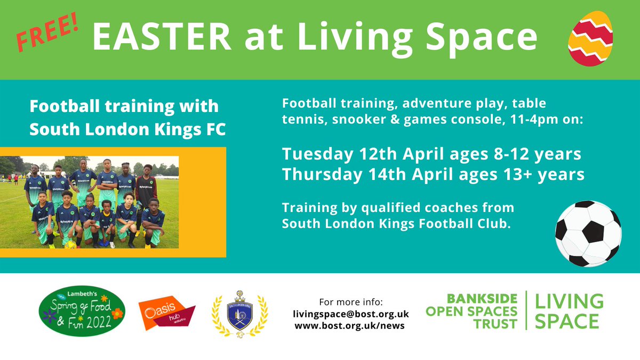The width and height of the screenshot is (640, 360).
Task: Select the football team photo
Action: tap(90, 202)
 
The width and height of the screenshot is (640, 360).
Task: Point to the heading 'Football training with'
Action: tap(124, 106)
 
